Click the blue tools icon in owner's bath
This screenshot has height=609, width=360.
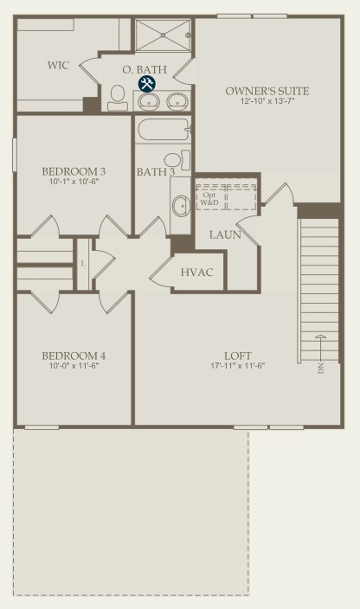tap(146, 84)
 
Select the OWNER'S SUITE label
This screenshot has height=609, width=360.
tap(267, 91)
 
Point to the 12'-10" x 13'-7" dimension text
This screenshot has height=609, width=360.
tap(267, 102)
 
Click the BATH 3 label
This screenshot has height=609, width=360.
tap(156, 171)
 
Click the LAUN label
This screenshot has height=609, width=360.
tap(225, 234)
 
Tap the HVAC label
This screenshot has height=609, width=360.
tap(197, 272)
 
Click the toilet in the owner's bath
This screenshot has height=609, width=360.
tap(117, 99)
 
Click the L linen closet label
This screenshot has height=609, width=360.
tap(83, 262)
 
